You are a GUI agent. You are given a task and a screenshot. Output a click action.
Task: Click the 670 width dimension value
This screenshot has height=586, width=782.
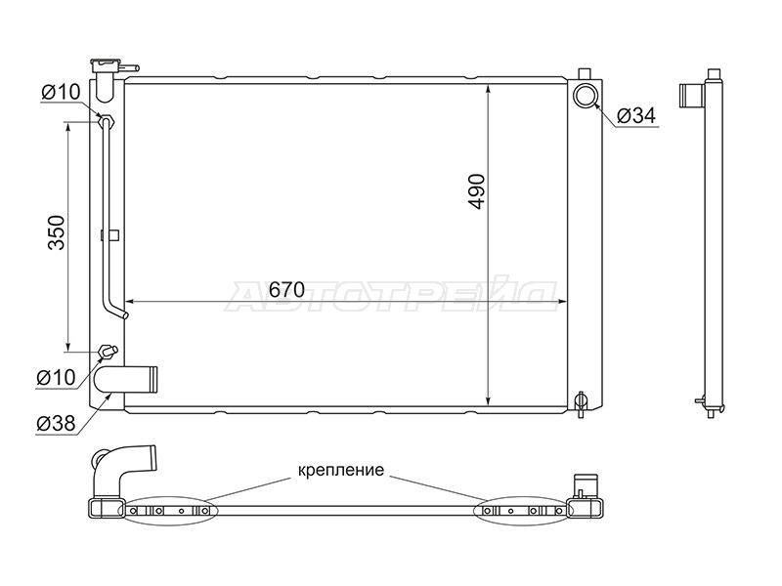(x=286, y=289)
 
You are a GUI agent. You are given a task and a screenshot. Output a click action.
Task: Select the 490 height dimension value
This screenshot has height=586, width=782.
(x=477, y=191)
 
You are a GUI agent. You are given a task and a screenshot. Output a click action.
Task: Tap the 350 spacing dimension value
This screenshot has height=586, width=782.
(x=57, y=232)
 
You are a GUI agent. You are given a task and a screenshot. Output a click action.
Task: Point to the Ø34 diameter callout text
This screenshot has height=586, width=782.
(x=636, y=115)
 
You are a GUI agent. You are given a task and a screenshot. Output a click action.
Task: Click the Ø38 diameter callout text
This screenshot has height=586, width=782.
(x=56, y=424)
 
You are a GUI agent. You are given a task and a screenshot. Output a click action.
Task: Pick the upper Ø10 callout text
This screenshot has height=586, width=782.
(x=61, y=92)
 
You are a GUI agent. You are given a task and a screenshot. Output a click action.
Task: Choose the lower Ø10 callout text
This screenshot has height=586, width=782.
(x=56, y=377)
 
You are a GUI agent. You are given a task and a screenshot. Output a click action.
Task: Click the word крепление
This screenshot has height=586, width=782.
(x=341, y=470)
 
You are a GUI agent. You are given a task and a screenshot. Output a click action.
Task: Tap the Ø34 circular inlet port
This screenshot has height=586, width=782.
(x=585, y=96)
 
